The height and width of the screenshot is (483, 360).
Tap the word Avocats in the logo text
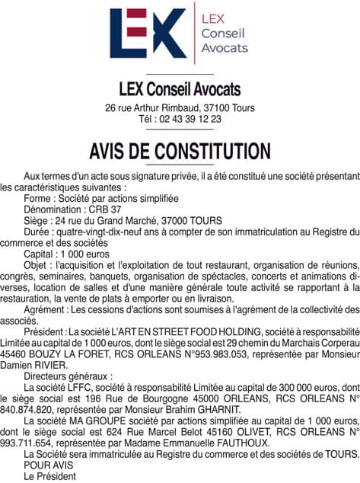point(225,47)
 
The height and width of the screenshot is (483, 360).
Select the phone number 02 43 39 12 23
point(190,119)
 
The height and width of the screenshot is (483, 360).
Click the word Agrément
point(45,309)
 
